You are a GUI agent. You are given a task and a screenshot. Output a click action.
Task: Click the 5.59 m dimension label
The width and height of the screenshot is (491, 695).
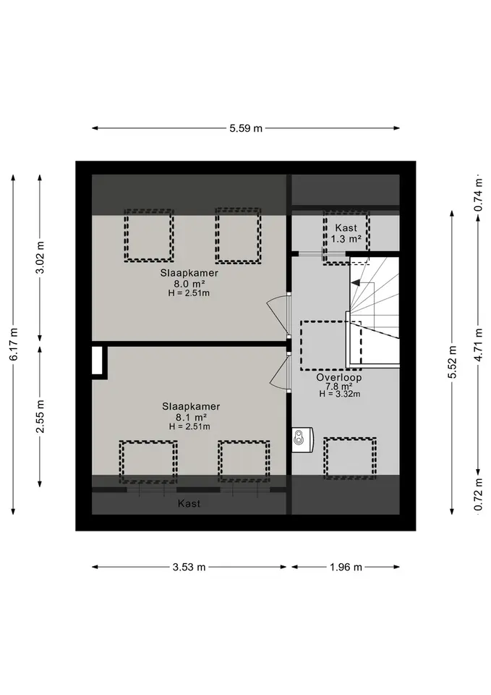coord(246,129)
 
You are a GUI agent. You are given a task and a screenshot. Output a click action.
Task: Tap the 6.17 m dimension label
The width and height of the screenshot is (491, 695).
coord(14,344)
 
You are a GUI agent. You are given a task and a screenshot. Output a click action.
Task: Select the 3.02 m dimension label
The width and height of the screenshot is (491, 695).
coord(40,258)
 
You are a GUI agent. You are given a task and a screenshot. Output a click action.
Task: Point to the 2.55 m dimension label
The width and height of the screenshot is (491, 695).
coord(40,417)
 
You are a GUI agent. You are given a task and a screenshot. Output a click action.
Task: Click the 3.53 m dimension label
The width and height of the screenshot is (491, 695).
coord(189,567)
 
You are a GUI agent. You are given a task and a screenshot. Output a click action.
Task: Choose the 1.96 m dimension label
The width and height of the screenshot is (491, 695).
coord(346,567)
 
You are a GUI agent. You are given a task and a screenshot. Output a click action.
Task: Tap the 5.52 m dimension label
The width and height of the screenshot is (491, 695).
coord(452,363)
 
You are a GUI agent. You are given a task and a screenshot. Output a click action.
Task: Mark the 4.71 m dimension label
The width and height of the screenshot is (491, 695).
coord(478,345)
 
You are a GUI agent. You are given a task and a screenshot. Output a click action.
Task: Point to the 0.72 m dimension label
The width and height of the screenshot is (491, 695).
coord(478,494)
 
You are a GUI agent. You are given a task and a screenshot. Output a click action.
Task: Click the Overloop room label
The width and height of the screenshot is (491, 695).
coord(338,378)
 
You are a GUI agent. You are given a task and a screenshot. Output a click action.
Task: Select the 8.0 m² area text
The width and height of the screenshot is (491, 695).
coord(189,284)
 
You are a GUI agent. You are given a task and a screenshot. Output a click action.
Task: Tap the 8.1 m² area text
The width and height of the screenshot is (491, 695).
coord(191,417)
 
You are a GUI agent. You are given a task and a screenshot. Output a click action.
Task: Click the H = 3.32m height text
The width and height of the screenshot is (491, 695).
coord(340,394)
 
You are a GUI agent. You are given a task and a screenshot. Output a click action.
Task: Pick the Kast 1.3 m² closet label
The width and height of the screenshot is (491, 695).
coord(346,233)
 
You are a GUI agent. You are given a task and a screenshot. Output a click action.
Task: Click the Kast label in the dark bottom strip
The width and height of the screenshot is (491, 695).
coord(189,504)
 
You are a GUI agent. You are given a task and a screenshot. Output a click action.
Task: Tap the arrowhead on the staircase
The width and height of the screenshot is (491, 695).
coord(355,282)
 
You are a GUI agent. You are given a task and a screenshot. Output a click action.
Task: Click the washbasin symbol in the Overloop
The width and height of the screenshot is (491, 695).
coord(302,439)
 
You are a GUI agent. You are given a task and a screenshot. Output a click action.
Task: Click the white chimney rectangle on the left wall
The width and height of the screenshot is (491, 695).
coord(98,361)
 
